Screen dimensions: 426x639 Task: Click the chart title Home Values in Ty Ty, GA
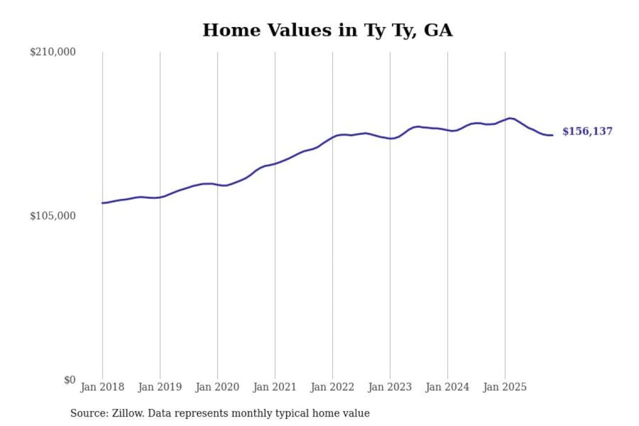(327, 30)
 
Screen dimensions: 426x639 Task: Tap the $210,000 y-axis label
(52, 52)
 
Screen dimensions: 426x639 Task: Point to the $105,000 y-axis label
(52, 216)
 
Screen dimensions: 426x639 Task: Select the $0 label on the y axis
(70, 380)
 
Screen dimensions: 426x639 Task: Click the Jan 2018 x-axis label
(102, 387)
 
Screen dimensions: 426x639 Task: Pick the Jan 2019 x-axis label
(160, 387)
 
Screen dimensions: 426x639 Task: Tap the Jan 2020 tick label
(217, 387)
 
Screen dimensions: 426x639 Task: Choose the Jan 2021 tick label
(275, 387)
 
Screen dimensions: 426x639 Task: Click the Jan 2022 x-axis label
(332, 387)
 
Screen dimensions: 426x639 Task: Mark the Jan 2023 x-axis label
(390, 387)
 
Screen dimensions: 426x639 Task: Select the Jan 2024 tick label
(447, 387)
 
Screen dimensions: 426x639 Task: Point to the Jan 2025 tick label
(505, 387)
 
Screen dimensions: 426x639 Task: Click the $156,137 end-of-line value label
(587, 131)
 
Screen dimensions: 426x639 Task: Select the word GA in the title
(438, 30)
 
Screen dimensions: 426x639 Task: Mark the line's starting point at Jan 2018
(103, 203)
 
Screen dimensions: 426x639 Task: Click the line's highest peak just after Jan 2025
(510, 118)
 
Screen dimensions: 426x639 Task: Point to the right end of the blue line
(552, 135)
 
